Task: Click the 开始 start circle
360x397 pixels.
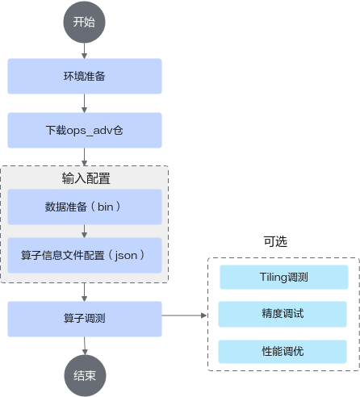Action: point(84,22)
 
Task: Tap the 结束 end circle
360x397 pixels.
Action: point(85,375)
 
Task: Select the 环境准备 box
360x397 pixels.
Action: point(85,76)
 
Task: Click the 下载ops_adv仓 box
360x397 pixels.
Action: point(85,130)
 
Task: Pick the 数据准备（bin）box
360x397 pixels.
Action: point(85,207)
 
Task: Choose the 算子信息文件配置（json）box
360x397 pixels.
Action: point(85,255)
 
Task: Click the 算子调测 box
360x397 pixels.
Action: point(85,319)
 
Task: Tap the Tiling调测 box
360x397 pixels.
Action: point(284,277)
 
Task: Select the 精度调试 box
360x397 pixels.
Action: point(283,314)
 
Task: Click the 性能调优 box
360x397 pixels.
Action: point(283,352)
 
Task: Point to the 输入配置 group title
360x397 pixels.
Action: point(86,178)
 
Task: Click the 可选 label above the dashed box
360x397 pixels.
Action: point(275,241)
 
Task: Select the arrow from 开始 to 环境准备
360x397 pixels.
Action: point(84,51)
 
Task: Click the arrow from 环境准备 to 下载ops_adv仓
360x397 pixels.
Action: point(84,103)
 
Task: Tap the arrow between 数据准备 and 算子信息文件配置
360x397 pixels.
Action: point(84,231)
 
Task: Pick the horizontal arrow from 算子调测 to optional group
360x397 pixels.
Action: point(184,316)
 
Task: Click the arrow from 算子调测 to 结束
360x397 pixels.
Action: point(85,346)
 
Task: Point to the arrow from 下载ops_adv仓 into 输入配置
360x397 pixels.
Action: point(84,157)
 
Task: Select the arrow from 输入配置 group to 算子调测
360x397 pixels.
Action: point(84,292)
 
